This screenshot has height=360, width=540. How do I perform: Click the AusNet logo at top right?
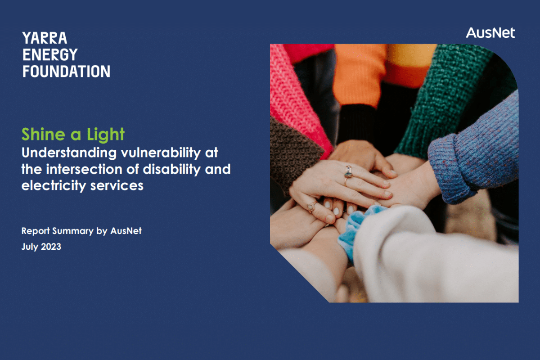coord(490,33)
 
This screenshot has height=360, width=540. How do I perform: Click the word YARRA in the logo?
coord(45,38)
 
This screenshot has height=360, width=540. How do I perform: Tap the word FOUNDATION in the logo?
coord(66,72)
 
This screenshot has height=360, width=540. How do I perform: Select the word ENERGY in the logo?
coord(50,54)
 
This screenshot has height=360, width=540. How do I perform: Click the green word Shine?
coord(43,134)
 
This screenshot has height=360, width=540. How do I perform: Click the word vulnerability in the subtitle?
coord(161,153)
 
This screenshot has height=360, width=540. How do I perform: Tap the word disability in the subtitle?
coord(171,170)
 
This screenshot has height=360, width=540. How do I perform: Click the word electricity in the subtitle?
coord(54,186)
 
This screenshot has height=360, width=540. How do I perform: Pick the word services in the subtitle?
coord(117,186)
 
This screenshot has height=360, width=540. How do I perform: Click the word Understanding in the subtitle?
coord(69,153)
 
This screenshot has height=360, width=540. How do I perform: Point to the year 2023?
coord(51,247)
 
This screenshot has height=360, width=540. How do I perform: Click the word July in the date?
coord(30,247)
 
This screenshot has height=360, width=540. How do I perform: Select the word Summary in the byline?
coord(73,231)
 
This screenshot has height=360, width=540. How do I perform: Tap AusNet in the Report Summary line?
coord(126,231)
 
